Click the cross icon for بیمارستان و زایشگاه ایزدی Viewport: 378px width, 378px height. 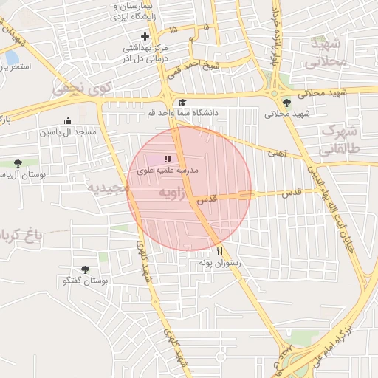[145, 35]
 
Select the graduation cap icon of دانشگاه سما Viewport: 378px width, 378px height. [182, 102]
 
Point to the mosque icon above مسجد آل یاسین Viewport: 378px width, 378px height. [69, 121]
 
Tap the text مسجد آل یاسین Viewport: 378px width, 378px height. [69, 132]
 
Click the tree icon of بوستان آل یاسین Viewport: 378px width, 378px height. [18, 163]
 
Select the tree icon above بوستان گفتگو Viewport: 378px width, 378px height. [85, 270]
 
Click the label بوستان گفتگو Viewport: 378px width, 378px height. [85, 281]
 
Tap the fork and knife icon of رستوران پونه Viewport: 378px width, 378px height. [219, 251]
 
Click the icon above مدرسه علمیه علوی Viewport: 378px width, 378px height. [168, 159]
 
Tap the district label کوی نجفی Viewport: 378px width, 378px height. [80, 90]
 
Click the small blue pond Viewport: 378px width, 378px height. [12, 57]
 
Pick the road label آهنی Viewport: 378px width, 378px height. [278, 151]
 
